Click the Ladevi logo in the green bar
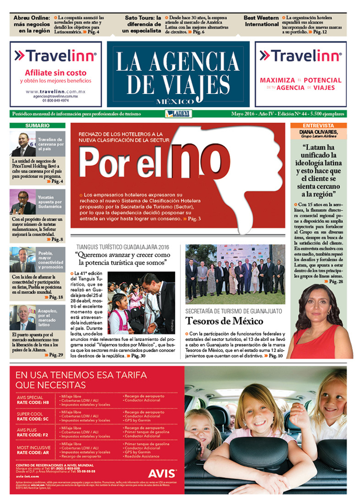pos(177,114)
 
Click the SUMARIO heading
pos(38,126)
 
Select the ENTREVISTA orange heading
pos(318,126)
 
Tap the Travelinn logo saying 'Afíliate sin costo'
pos(56,56)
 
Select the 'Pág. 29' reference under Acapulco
pos(55,355)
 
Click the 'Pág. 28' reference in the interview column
pos(338,281)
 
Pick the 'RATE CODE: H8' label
pos(33,402)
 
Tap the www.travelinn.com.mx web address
pos(55,91)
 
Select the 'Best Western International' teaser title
pos(261,21)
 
